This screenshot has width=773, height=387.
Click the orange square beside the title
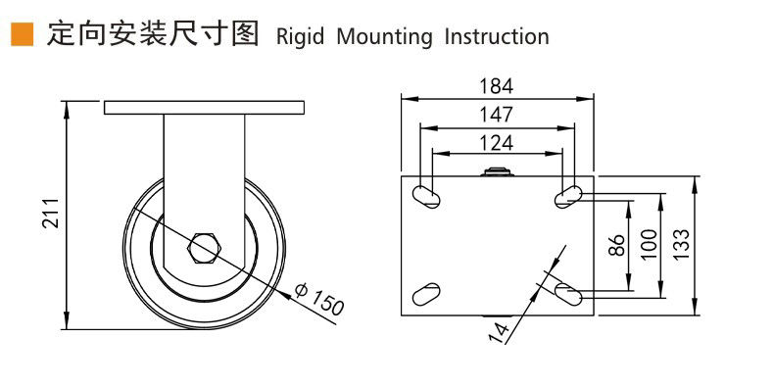(x=23, y=34)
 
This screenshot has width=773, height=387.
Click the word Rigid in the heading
(x=300, y=37)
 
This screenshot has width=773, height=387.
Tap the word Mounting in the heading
(x=384, y=37)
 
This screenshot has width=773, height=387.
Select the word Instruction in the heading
(x=497, y=37)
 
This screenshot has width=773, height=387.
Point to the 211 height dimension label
(x=51, y=213)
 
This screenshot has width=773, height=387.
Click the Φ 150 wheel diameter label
(x=319, y=299)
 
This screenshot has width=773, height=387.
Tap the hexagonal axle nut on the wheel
(x=204, y=247)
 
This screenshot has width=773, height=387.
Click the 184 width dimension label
(x=497, y=86)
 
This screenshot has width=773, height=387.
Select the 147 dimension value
(x=497, y=115)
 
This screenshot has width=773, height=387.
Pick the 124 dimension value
(x=497, y=143)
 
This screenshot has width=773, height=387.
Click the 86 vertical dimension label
(x=616, y=245)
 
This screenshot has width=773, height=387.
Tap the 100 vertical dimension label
(x=650, y=245)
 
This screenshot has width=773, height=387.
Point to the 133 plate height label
(x=681, y=245)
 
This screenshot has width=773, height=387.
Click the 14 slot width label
(x=499, y=333)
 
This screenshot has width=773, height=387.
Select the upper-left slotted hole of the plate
(x=426, y=197)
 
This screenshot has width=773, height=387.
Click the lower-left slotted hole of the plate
(x=426, y=294)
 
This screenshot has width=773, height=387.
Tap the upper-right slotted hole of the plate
(x=568, y=197)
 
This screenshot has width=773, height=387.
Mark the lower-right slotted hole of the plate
(x=568, y=294)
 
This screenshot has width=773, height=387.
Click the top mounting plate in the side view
(x=204, y=108)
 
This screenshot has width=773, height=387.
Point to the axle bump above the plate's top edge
(x=497, y=171)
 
